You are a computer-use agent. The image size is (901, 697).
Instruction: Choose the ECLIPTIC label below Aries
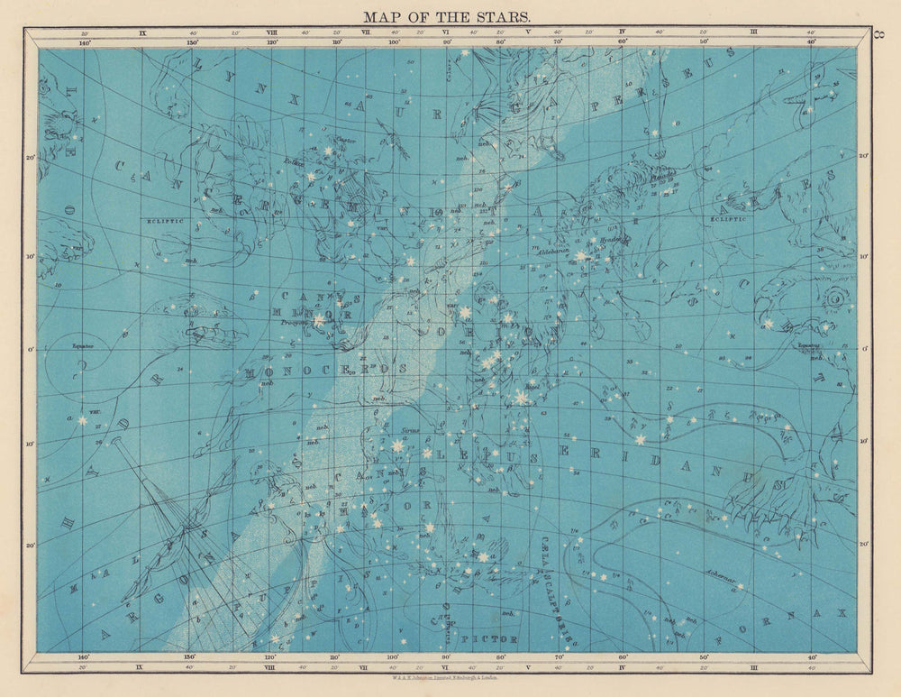[728, 218]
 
